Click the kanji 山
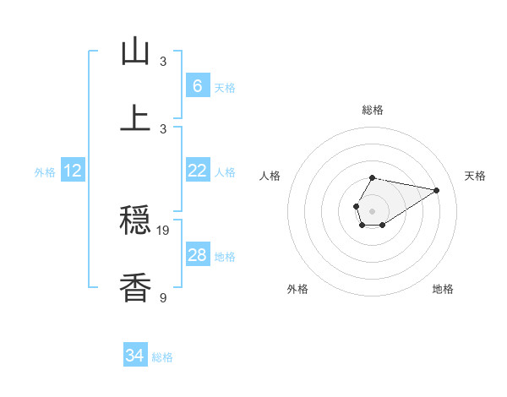coord(135,52)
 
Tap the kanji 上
coord(135,118)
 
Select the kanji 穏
coord(135,221)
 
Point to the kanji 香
coord(135,288)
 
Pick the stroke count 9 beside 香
coord(163,297)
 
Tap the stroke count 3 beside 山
coord(163,62)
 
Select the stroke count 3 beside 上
coord(163,128)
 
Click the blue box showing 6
coord(197,85)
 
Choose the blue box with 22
coord(197,171)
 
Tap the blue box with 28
coord(197,255)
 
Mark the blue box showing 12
coord(72,171)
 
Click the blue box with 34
coord(134,356)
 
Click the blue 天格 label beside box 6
coord(225,87)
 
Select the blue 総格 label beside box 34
coord(162,357)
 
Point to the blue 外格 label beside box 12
coord(45,172)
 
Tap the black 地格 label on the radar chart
coord(443,289)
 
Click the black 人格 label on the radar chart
coord(270,176)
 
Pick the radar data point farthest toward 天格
coord(437,189)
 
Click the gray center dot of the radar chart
coord(372,210)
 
